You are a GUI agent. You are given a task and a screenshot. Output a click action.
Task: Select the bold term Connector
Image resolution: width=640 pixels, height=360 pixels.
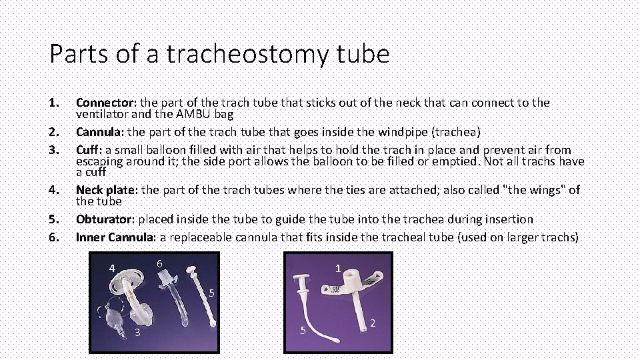[x=105, y=103]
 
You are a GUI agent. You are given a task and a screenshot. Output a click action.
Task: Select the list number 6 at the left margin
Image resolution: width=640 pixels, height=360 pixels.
[x=53, y=237]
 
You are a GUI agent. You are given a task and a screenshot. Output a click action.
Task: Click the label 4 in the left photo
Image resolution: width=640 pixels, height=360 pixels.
[x=113, y=269]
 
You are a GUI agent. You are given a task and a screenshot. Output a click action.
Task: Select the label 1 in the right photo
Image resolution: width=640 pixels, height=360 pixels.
[x=338, y=268]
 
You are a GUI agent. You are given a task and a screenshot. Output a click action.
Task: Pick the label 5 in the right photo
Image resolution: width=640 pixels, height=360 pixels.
[x=302, y=330]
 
